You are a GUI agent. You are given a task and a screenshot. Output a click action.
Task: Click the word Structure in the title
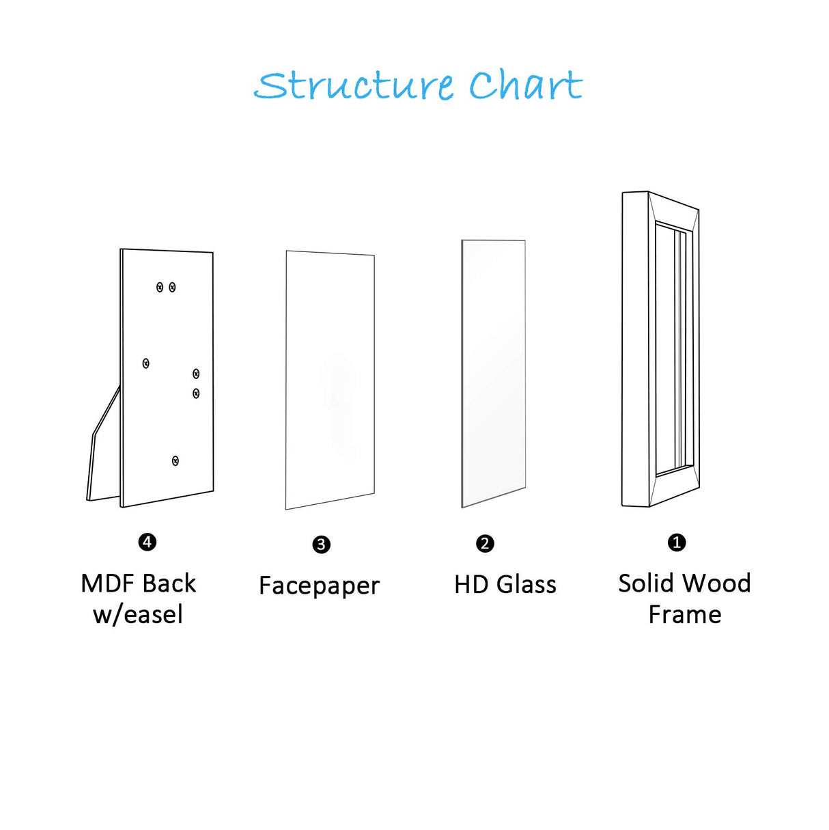[354, 86]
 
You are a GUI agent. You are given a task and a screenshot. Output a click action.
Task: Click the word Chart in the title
[525, 86]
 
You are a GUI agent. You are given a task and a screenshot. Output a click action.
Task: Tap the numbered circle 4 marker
[147, 542]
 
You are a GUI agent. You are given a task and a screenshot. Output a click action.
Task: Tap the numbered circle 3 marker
[321, 544]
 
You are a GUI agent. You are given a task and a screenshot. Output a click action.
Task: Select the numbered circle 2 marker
[485, 544]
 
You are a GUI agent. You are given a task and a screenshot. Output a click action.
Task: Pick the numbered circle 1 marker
[676, 542]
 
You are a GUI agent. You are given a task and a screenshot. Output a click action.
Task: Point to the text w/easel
[138, 615]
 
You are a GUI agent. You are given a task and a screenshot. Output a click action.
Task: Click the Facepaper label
[319, 586]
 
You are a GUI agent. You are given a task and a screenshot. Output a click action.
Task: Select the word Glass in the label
[526, 585]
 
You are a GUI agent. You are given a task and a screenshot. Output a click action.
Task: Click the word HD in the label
[471, 585]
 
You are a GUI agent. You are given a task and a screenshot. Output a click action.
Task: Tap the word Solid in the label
[647, 583]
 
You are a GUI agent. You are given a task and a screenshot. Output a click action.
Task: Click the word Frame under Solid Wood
[684, 615]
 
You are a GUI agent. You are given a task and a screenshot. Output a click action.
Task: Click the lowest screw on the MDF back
[175, 461]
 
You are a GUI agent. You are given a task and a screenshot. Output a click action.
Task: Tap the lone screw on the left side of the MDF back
[145, 363]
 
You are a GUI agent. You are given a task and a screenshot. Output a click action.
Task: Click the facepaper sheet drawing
[330, 380]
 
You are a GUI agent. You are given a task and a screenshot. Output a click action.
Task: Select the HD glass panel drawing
[493, 373]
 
